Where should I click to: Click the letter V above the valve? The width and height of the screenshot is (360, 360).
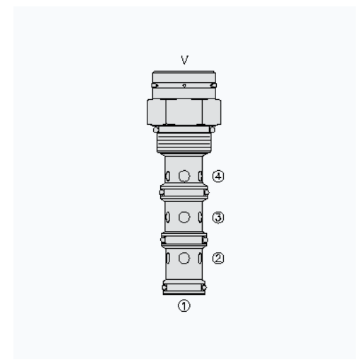coord(184,60)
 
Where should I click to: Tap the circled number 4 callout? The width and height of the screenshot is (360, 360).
coord(218,176)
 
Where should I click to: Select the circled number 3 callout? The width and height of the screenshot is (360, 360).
coord(218,218)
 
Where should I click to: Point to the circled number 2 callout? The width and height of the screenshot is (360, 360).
coord(218,258)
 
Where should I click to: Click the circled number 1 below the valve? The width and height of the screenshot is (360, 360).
coord(184,305)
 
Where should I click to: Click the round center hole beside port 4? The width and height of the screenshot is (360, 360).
coord(184,176)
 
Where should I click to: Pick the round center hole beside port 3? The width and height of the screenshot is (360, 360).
coord(184,217)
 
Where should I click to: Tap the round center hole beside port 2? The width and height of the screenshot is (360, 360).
coord(184,258)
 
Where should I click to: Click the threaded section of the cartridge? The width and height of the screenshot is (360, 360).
coord(184,142)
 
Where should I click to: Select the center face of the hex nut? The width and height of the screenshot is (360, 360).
coord(184,112)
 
